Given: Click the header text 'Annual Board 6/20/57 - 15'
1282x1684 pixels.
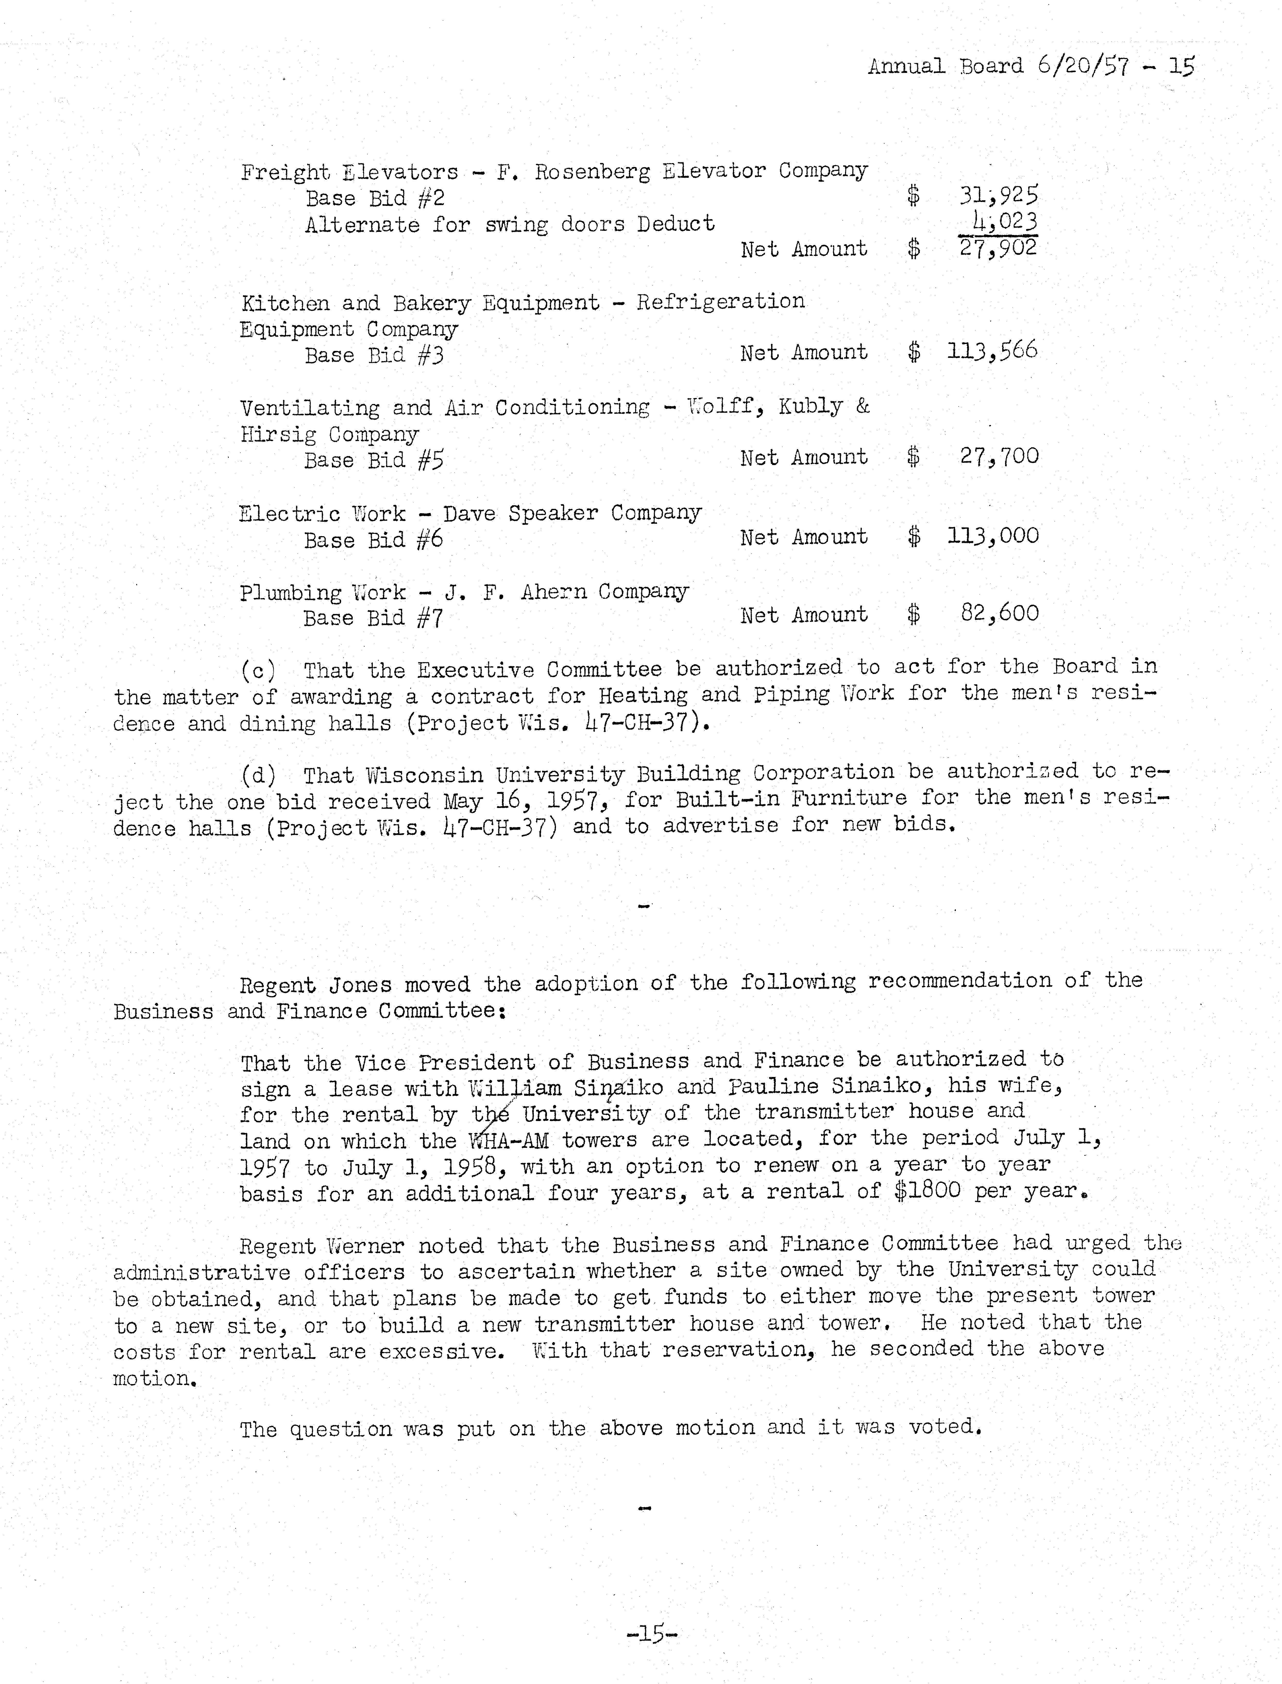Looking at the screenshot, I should [x=1030, y=66].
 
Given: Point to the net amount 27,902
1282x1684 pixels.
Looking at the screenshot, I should [x=998, y=248].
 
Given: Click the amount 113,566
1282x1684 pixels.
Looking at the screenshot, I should [x=992, y=351].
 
